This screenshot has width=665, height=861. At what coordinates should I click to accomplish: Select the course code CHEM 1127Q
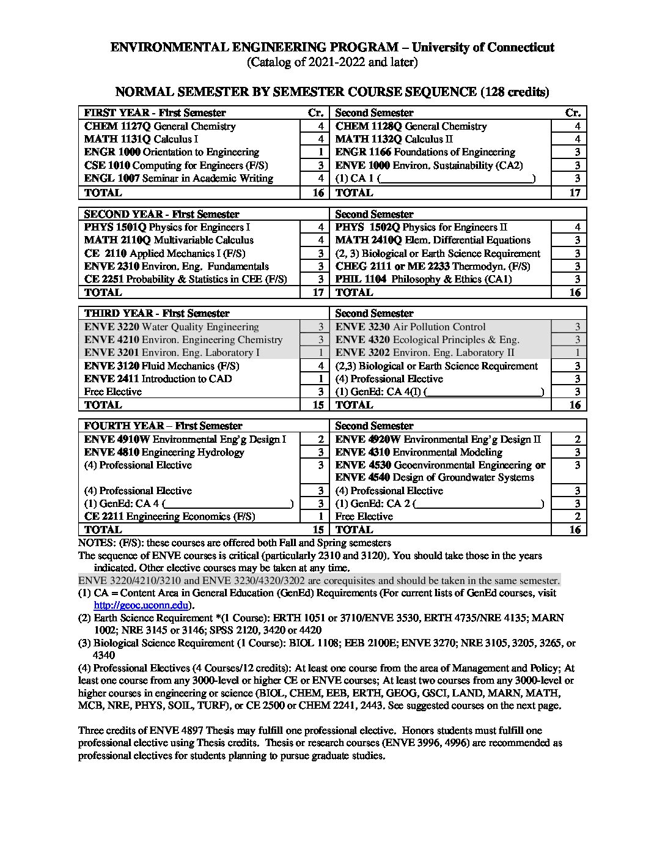[x=117, y=127]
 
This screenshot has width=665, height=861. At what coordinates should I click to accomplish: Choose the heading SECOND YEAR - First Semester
[x=161, y=214]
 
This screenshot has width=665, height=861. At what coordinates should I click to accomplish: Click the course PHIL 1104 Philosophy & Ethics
[x=424, y=279]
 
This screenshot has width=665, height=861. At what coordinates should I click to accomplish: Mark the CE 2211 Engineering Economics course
[x=169, y=517]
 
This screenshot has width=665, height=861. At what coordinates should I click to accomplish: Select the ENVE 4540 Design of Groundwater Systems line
[x=435, y=478]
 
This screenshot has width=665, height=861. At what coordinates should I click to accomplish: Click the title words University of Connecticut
[x=483, y=48]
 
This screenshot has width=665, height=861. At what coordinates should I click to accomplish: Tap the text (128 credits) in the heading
[x=515, y=92]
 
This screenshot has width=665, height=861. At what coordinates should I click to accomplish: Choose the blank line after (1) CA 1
[x=457, y=179]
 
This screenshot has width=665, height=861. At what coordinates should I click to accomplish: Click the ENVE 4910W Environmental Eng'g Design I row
[x=185, y=440]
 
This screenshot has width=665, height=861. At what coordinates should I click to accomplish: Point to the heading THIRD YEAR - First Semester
[x=156, y=314]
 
